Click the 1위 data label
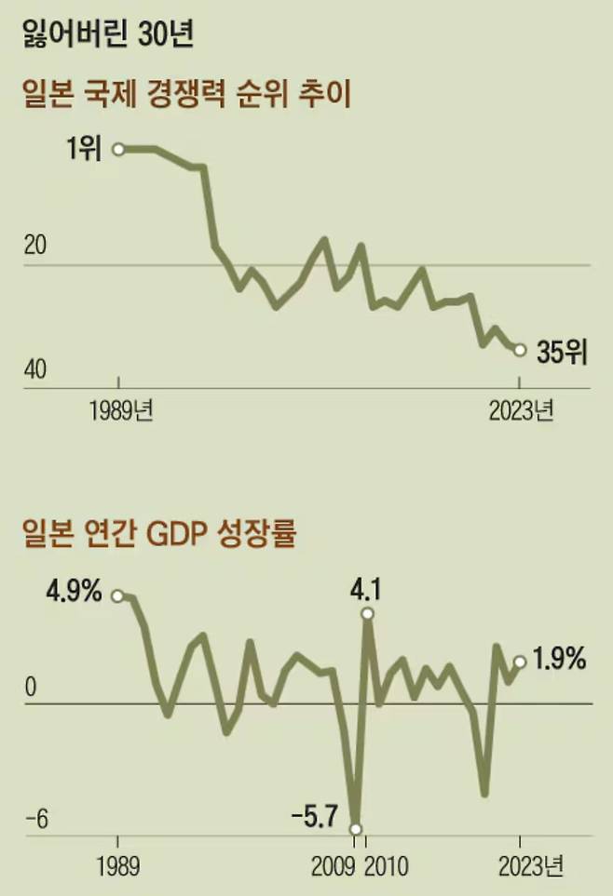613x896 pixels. (83, 149)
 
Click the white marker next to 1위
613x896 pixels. (118, 149)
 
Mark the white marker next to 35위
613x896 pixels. (520, 350)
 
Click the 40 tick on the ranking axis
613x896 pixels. (34, 369)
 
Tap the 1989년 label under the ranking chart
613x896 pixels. (122, 410)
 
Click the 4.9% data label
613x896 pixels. (73, 592)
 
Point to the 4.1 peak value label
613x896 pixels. (367, 588)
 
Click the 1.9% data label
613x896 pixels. (561, 660)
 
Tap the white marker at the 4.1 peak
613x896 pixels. (367, 613)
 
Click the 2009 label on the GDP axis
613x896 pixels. (333, 868)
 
